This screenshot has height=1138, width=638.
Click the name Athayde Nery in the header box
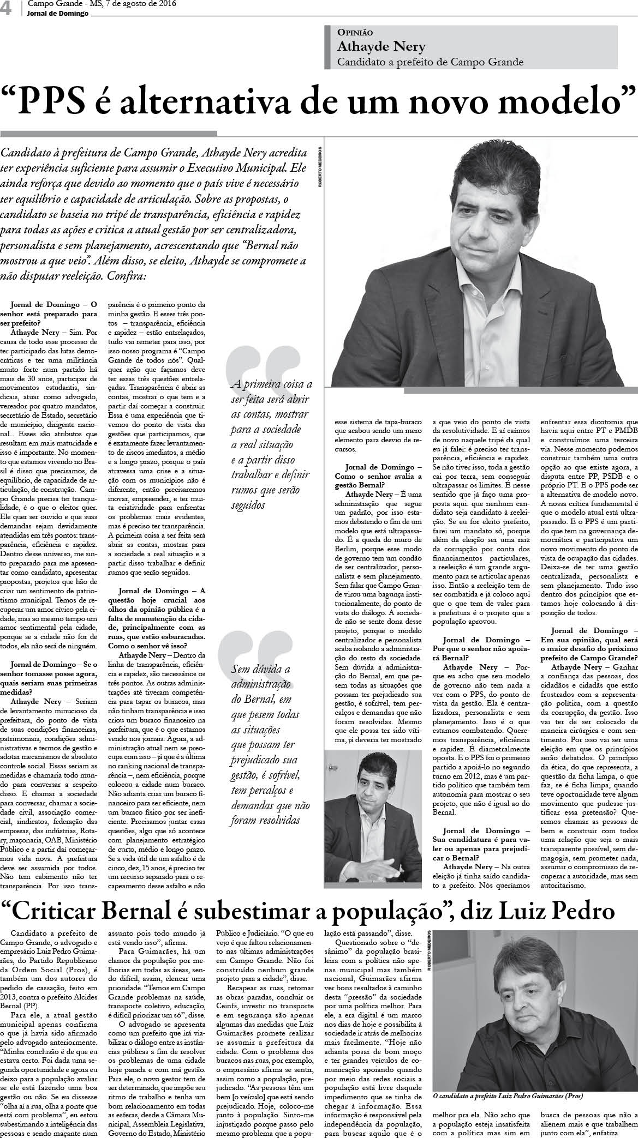[x=373, y=46]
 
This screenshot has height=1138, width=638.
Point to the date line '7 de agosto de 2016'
[x=126, y=4]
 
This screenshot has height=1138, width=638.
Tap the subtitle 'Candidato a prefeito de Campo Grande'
[x=430, y=62]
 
